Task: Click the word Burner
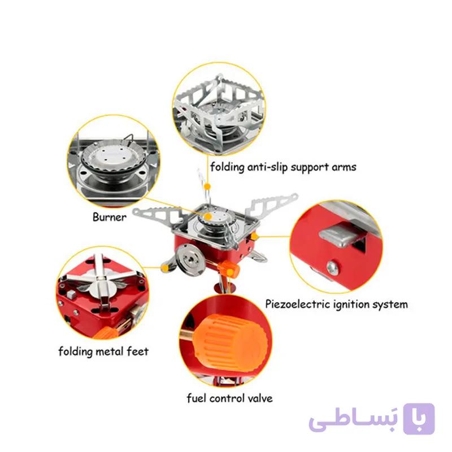(x=109, y=217)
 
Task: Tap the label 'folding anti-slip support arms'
(x=283, y=167)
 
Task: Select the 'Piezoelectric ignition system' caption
(x=336, y=305)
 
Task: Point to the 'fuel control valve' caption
(x=229, y=398)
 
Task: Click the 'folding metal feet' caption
(x=103, y=351)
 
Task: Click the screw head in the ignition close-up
(x=332, y=267)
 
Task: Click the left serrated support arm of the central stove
(x=157, y=216)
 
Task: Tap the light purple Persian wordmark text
(x=354, y=421)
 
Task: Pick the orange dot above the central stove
(x=207, y=187)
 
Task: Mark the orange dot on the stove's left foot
(x=165, y=268)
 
